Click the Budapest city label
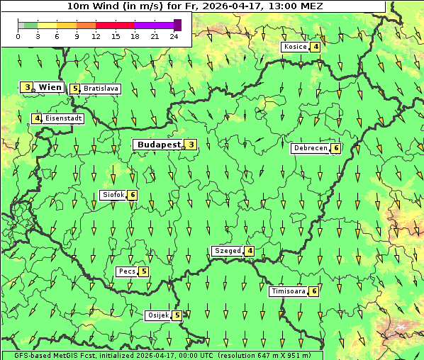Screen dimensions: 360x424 (159, 145)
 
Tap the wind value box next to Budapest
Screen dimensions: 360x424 (191, 145)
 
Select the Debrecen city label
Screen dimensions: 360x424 (310, 148)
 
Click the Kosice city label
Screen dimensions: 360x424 (294, 47)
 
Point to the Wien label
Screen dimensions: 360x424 (50, 87)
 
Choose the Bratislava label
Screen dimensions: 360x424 (101, 89)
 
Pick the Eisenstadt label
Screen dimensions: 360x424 (63, 118)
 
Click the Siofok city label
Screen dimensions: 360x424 (113, 195)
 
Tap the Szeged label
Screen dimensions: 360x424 (227, 251)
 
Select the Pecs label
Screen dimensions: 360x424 (126, 271)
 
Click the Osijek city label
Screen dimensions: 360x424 (157, 315)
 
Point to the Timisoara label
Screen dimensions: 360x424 (288, 291)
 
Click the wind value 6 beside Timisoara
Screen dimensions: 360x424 (313, 291)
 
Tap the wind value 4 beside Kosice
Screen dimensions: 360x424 (315, 47)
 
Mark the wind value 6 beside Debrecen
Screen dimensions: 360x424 (335, 148)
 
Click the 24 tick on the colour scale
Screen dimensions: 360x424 (174, 36)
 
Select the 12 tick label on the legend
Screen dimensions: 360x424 (95, 36)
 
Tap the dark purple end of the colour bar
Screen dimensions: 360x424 (177, 25)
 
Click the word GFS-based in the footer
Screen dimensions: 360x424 (22, 355)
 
